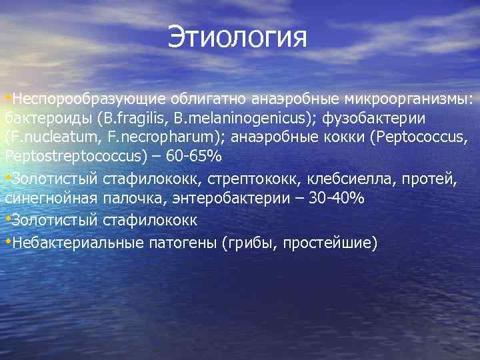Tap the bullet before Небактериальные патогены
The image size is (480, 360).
click(8, 240)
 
